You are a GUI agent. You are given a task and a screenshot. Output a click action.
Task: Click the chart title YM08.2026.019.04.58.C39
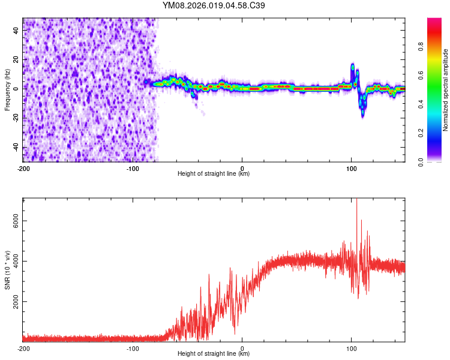click(x=214, y=5)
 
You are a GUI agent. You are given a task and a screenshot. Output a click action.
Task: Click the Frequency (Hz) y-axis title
click(x=7, y=89)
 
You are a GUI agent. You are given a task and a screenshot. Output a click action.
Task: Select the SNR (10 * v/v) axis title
click(x=7, y=269)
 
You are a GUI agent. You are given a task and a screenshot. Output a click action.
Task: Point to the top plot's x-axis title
click(x=214, y=174)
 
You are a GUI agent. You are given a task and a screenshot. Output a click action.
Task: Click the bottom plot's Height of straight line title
click(x=214, y=354)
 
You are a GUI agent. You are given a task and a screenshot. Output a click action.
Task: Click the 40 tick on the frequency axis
click(x=16, y=29)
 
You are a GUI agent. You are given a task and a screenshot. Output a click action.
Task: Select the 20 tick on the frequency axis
click(x=16, y=59)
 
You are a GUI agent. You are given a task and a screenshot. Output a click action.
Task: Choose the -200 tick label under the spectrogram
click(x=23, y=168)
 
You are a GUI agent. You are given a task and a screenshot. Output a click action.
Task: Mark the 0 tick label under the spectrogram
click(x=242, y=168)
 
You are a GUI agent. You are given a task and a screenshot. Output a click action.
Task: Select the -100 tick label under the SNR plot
click(x=133, y=348)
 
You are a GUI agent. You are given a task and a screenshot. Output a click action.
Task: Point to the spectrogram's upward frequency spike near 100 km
click(x=353, y=66)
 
